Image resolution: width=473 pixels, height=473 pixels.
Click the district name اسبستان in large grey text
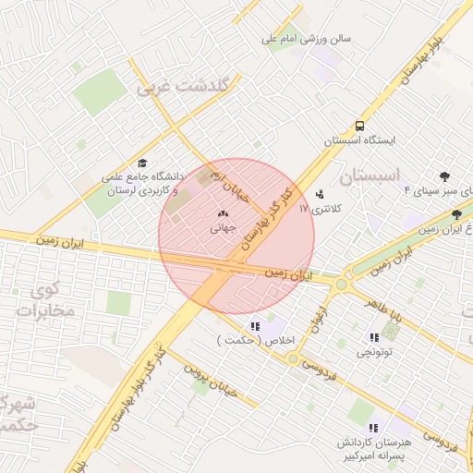[370, 175]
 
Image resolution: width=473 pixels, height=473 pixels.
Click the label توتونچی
[376, 352]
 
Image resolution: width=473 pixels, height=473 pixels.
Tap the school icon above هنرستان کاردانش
[373, 429]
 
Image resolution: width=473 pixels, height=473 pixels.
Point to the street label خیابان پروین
[213, 385]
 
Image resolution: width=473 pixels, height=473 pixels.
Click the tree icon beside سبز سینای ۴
[444, 176]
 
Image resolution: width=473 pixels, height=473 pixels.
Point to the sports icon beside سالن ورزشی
[277, 40]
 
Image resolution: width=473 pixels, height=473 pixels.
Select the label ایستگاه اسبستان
[358, 141]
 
